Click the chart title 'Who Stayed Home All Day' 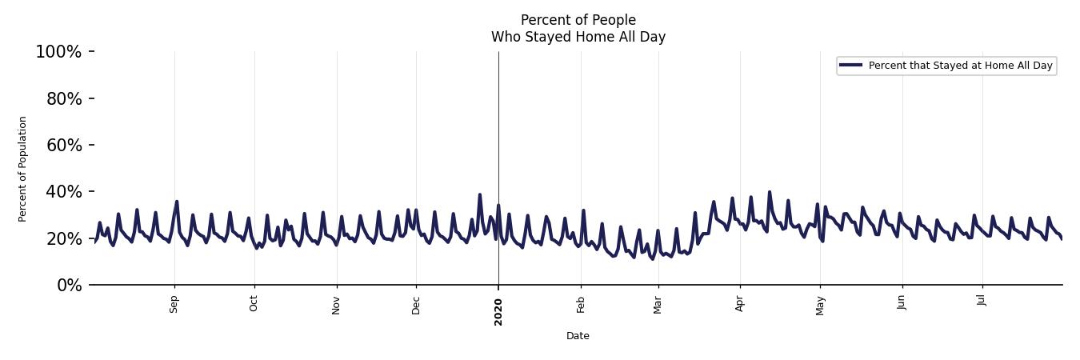(578, 37)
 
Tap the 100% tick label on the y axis (58, 52)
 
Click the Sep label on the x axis (174, 305)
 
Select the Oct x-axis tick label (254, 304)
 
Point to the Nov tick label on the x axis (337, 305)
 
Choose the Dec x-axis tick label (416, 305)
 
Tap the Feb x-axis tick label (581, 305)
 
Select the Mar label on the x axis (658, 305)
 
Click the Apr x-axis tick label (740, 304)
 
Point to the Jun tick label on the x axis (902, 304)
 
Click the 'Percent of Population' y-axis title (23, 169)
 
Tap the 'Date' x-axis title (578, 336)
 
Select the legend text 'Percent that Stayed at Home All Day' (960, 66)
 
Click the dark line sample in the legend (851, 66)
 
